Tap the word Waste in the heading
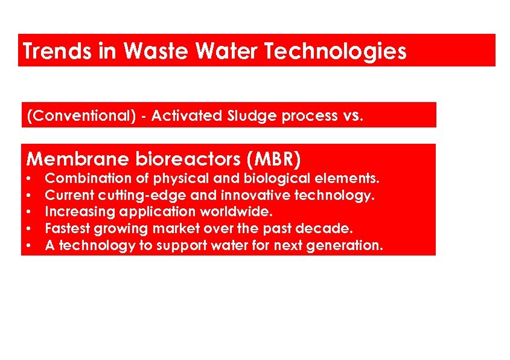coord(152,51)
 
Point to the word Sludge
coord(253,116)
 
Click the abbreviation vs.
coord(353,116)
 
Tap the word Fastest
coord(66,229)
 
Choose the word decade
coord(330,229)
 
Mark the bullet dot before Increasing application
coord(29,213)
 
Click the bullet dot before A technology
coord(29,246)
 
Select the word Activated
coord(186,116)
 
